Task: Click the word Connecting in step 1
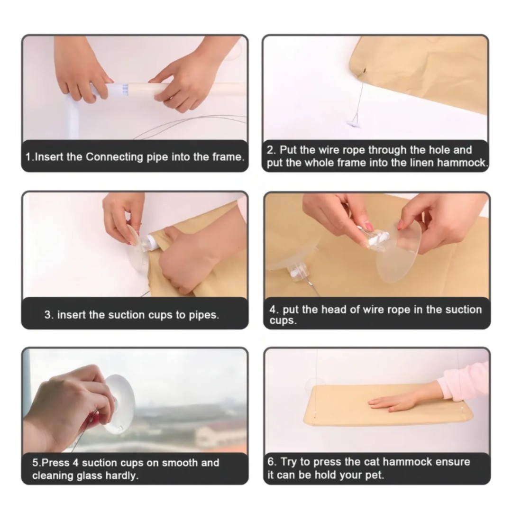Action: pos(114,157)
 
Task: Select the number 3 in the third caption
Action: pos(48,315)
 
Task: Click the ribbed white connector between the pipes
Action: pos(120,90)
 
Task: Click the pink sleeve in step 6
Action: pos(464,379)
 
